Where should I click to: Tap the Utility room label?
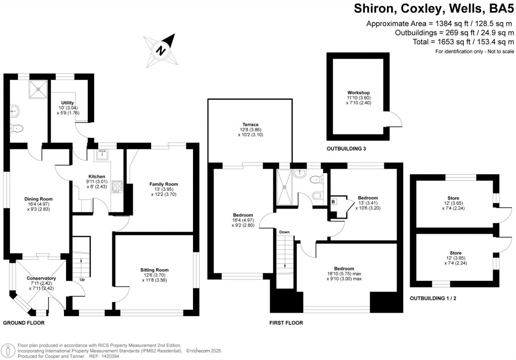(x=68, y=103)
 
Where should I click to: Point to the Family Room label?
(x=164, y=184)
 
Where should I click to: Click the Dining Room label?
(x=39, y=199)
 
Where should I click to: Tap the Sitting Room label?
(x=154, y=270)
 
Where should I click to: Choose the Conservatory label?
(x=41, y=278)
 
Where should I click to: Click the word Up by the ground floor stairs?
(x=82, y=279)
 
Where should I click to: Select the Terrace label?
(x=250, y=124)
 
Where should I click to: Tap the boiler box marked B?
(x=333, y=202)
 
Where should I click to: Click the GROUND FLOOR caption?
(x=24, y=323)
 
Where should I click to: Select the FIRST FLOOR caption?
(x=286, y=323)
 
